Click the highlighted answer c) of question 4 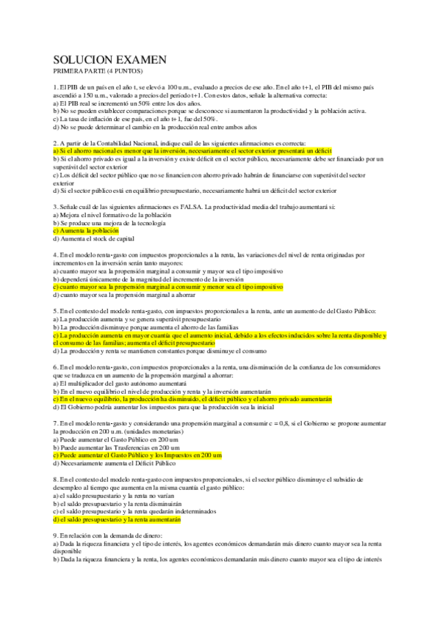[x=168, y=287]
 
